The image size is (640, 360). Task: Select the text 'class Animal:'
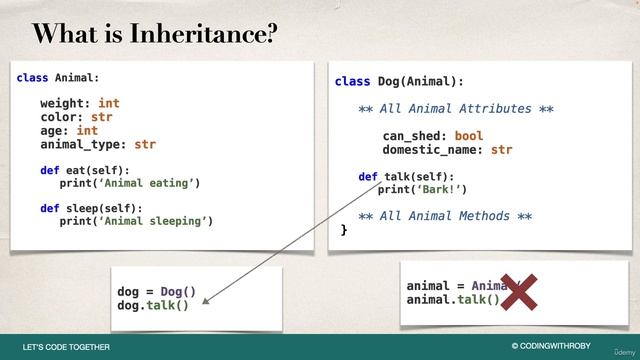click(57, 77)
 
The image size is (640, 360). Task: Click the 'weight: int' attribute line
click(80, 103)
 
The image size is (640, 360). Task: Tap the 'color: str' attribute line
click(76, 117)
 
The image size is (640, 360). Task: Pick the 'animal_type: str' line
click(98, 144)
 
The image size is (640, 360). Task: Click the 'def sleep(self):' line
click(91, 209)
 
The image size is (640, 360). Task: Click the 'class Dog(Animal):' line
click(399, 81)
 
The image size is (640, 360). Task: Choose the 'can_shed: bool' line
click(432, 136)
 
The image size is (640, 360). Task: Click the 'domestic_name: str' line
click(447, 150)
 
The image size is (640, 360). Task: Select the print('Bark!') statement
click(422, 189)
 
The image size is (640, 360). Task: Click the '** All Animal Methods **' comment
click(444, 216)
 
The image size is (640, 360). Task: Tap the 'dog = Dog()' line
click(156, 292)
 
